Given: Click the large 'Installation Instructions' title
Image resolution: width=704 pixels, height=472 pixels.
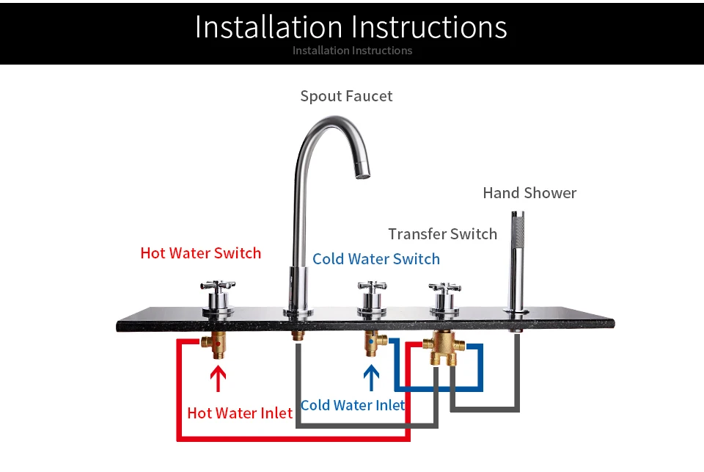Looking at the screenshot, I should pyautogui.click(x=351, y=27).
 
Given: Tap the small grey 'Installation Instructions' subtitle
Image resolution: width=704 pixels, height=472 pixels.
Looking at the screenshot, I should pyautogui.click(x=352, y=51).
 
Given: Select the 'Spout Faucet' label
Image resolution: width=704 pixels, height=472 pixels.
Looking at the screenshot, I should pyautogui.click(x=346, y=96).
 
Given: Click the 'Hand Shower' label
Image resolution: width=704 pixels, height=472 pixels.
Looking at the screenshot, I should pyautogui.click(x=529, y=193).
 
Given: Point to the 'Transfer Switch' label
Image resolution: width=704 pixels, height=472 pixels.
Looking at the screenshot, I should pyautogui.click(x=442, y=234).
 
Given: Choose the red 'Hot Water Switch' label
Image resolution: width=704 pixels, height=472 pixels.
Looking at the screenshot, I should pyautogui.click(x=200, y=253).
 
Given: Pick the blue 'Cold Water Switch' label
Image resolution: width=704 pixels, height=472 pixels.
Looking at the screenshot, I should pyautogui.click(x=376, y=259).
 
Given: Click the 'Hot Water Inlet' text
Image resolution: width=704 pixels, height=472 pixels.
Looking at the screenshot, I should pyautogui.click(x=240, y=413).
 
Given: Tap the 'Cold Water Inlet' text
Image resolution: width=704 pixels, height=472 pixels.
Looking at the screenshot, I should pyautogui.click(x=352, y=405).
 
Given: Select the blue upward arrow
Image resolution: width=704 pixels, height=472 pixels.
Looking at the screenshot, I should pyautogui.click(x=372, y=378).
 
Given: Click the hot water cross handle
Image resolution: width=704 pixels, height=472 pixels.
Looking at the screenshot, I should pyautogui.click(x=218, y=286).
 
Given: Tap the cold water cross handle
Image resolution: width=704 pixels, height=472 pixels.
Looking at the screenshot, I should pyautogui.click(x=372, y=286).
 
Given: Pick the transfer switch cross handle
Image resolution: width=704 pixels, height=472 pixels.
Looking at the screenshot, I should pyautogui.click(x=444, y=286).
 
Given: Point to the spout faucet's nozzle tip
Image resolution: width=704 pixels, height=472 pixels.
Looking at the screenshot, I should pyautogui.click(x=362, y=173).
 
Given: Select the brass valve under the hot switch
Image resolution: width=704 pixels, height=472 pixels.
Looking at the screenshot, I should pyautogui.click(x=218, y=344).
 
